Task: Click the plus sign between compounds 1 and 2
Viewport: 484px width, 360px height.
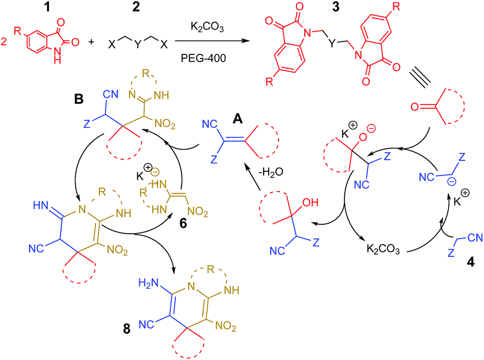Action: coord(91,43)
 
